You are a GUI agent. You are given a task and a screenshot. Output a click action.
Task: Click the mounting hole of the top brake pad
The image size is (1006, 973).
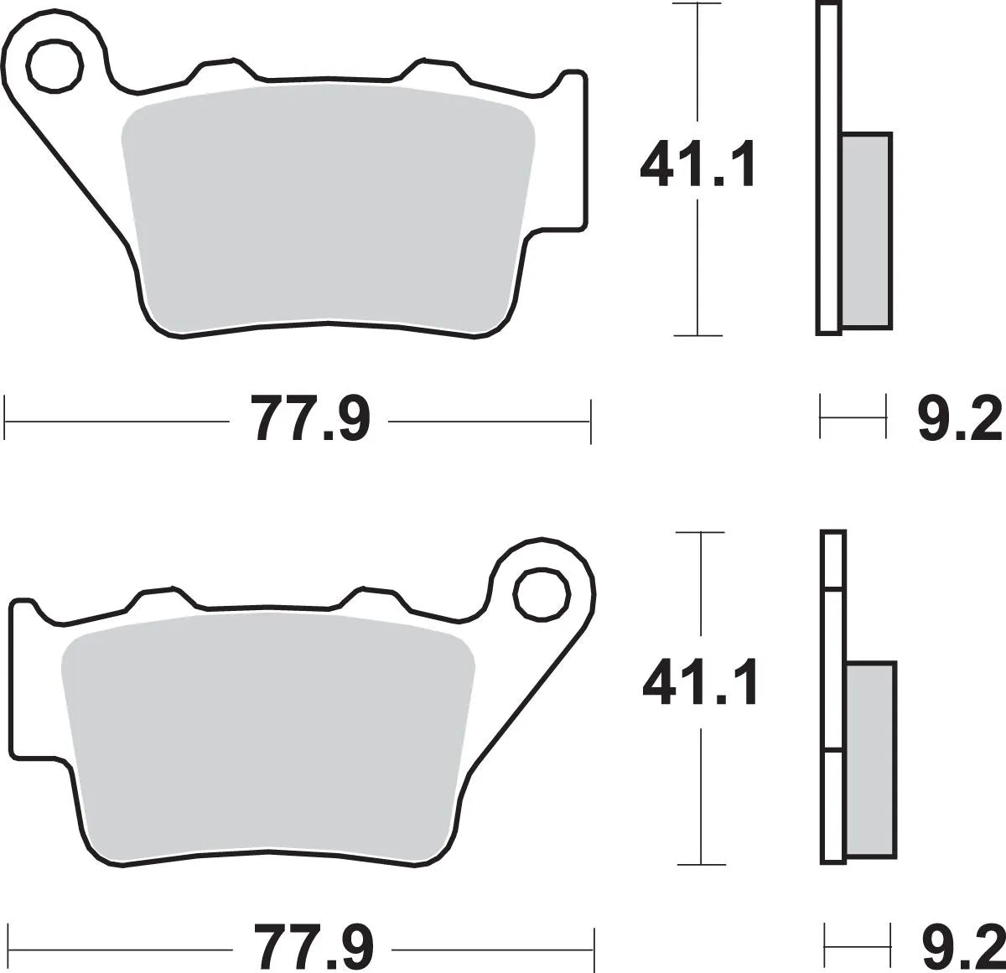pyautogui.click(x=55, y=63)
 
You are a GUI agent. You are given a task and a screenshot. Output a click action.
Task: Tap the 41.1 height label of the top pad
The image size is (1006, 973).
pyautogui.click(x=697, y=166)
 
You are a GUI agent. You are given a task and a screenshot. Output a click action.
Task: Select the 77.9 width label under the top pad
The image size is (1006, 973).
pyautogui.click(x=310, y=418)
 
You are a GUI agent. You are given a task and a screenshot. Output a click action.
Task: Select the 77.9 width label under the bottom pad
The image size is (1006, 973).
pyautogui.click(x=314, y=945)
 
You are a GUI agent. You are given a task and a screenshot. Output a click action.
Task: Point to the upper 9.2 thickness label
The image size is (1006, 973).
pyautogui.click(x=959, y=418)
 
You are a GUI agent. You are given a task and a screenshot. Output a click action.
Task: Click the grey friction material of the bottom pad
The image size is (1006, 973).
pyautogui.click(x=268, y=738)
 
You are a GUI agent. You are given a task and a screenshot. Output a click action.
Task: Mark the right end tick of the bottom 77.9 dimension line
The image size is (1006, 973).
pyautogui.click(x=594, y=945)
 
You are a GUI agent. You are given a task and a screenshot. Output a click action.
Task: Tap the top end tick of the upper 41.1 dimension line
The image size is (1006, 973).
pyautogui.click(x=697, y=4)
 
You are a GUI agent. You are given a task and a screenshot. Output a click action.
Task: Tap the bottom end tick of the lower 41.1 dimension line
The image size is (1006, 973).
pyautogui.click(x=700, y=864)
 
